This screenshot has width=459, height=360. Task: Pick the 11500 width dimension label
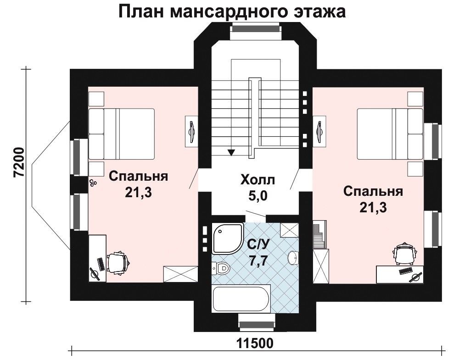pyautogui.click(x=255, y=343)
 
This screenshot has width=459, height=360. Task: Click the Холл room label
pyautogui.click(x=257, y=180)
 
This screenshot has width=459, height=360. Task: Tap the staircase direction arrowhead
pyautogui.click(x=231, y=152)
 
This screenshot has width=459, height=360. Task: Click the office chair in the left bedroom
pyautogui.click(x=118, y=263)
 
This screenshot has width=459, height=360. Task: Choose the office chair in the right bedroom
pyautogui.click(x=405, y=253)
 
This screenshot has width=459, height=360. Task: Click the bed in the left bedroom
pyautogui.click(x=122, y=134)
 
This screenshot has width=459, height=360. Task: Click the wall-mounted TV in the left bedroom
pyautogui.click(x=190, y=131)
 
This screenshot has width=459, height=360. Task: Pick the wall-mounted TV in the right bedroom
pyautogui.click(x=320, y=131)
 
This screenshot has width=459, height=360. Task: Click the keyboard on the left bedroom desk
pyautogui.click(x=100, y=264)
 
